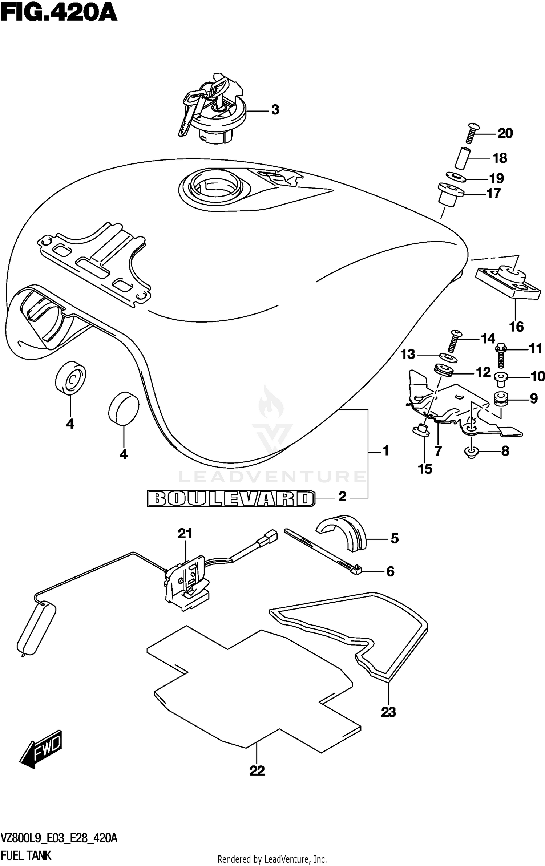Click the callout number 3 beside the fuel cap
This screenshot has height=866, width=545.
click(x=275, y=110)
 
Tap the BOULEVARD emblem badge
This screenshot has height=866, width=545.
click(x=231, y=498)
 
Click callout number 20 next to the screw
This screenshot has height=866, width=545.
click(x=505, y=133)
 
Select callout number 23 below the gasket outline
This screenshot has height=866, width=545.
click(x=388, y=712)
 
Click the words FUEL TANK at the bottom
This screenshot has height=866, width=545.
click(x=26, y=855)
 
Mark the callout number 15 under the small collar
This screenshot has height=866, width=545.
click(x=425, y=469)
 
